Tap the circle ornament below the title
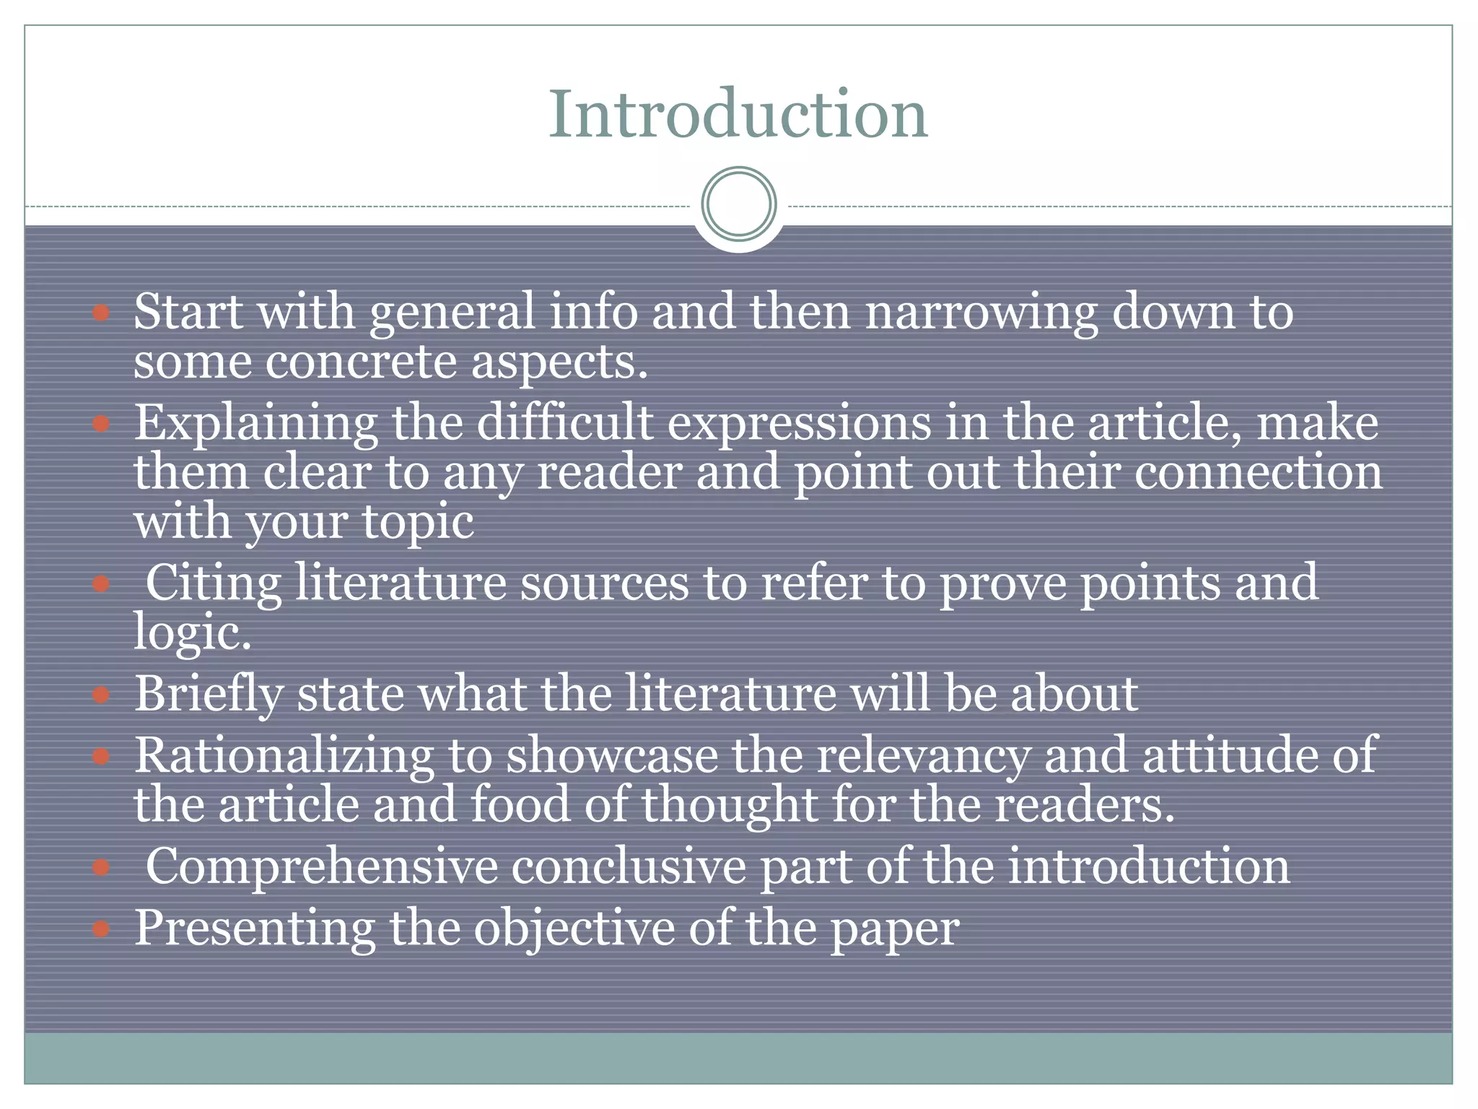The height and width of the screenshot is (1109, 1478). tap(738, 204)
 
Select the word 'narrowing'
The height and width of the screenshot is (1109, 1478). tap(981, 313)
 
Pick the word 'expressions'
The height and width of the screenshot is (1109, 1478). tap(799, 424)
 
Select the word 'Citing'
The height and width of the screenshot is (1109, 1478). tap(214, 583)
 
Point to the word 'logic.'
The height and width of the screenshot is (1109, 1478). tap(193, 634)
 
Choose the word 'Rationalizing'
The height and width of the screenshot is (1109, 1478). tap(284, 757)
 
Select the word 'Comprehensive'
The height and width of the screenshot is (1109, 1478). tap(322, 866)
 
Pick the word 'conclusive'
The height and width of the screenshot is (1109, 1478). tap(629, 866)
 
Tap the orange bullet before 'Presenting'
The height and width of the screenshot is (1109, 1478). tap(101, 928)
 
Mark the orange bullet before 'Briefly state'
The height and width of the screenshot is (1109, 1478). tap(101, 695)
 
